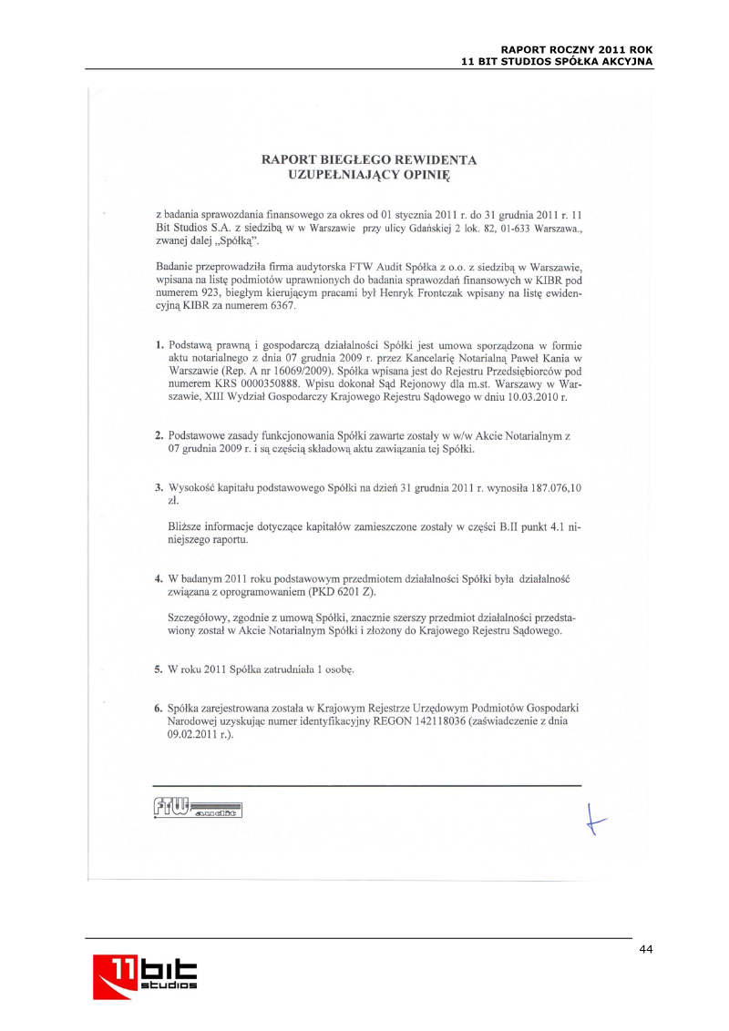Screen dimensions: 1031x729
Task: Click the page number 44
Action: [645, 950]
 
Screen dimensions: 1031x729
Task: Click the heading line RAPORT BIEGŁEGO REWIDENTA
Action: [369, 159]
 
